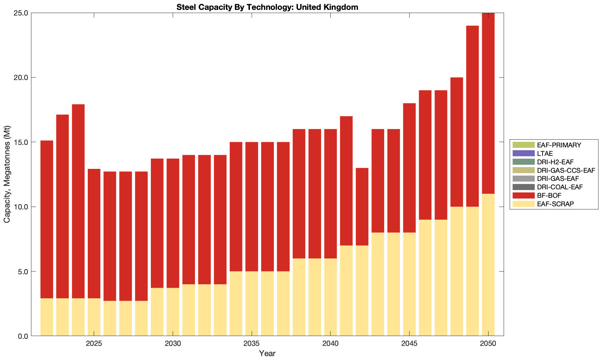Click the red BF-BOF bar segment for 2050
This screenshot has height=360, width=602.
[488, 103]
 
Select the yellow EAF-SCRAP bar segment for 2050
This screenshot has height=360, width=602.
[488, 264]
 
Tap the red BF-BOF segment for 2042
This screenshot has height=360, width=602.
[362, 207]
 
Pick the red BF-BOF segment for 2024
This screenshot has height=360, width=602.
[78, 201]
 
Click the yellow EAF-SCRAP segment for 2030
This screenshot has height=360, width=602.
[173, 312]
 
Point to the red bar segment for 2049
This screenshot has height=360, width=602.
[472, 116]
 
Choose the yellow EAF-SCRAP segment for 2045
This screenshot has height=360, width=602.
[409, 284]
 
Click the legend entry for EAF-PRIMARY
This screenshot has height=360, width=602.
[559, 145]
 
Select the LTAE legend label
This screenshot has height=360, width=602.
[545, 153]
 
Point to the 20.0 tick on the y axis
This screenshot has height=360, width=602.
[21, 78]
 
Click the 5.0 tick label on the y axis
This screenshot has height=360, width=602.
[23, 271]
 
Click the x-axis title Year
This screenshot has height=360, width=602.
[267, 353]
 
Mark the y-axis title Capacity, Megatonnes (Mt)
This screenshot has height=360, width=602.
[7, 174]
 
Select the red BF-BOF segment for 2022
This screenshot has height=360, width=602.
[47, 219]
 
